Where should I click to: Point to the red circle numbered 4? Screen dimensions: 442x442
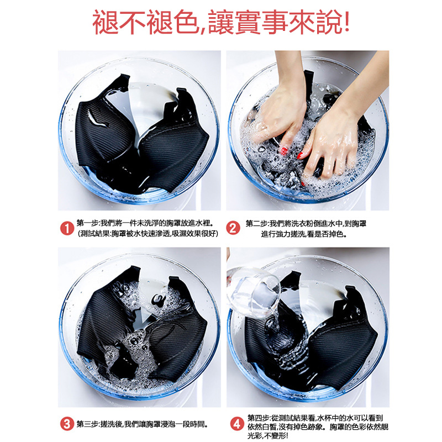236,424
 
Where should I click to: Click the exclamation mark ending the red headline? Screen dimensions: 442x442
346,23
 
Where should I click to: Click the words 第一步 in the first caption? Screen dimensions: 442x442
87,223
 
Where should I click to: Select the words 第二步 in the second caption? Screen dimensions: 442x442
256,223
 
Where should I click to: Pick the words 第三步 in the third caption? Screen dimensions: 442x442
87,424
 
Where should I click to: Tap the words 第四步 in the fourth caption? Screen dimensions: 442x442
259,417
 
